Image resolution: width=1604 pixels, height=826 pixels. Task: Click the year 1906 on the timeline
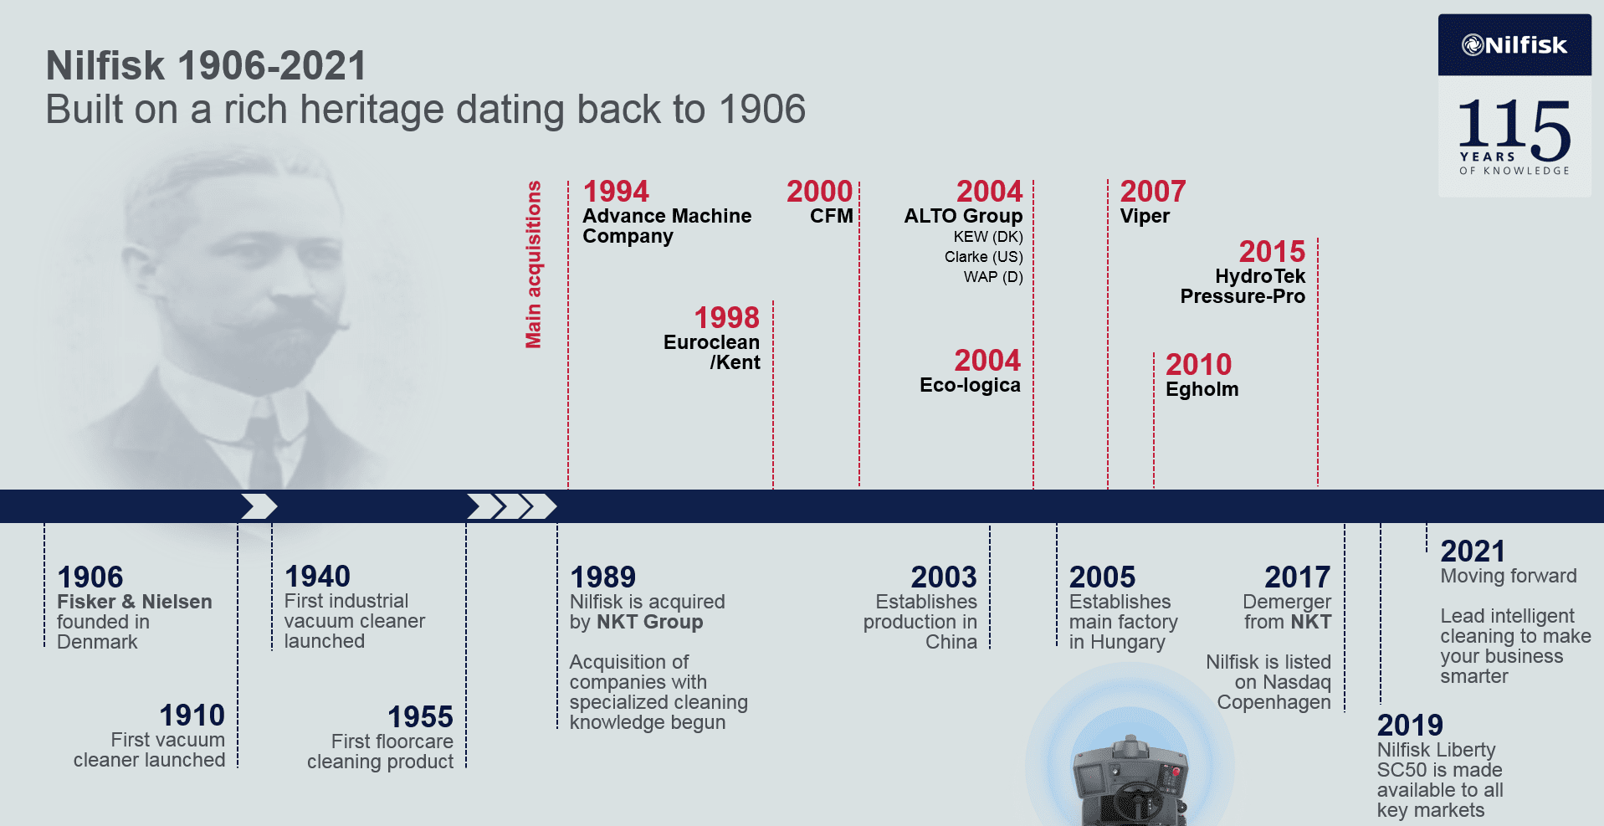90,577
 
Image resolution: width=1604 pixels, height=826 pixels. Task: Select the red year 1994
616,192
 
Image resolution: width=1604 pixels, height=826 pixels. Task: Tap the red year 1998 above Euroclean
726,318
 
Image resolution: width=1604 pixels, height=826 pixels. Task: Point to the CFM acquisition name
832,216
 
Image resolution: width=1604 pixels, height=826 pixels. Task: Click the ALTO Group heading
963,216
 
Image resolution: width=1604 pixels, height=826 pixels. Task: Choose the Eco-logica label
970,385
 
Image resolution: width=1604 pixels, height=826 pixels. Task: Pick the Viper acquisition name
1145,216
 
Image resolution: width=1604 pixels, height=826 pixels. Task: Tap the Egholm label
1202,389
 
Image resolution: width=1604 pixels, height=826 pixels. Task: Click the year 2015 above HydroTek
1272,252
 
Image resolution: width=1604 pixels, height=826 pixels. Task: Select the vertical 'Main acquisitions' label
533,264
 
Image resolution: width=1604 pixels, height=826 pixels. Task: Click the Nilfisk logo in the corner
1514,45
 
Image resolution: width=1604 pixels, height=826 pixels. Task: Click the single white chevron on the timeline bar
259,506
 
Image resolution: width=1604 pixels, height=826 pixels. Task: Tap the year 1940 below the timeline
317,577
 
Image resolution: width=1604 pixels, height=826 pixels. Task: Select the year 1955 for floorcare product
420,717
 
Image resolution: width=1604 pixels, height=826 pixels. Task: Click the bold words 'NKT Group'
649,622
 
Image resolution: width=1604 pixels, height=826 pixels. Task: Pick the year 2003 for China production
944,577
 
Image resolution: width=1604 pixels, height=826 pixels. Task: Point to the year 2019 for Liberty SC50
1410,726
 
